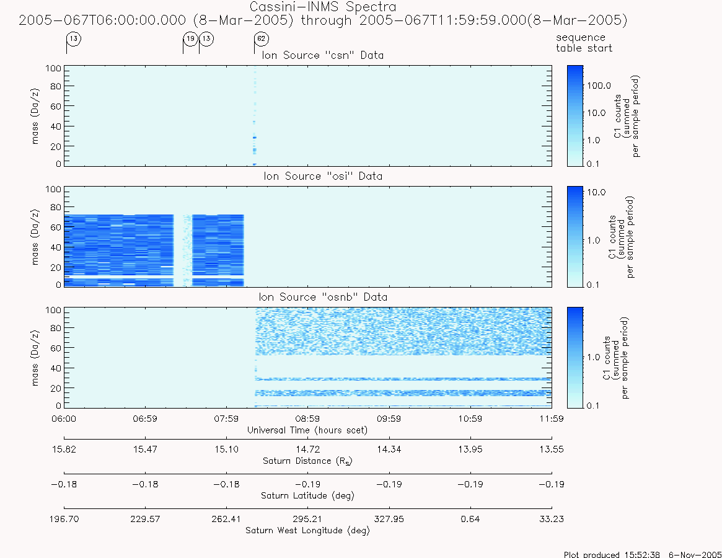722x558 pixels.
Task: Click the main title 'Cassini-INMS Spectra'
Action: point(323,7)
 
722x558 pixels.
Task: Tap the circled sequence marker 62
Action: point(262,38)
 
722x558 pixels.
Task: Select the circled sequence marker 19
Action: point(191,38)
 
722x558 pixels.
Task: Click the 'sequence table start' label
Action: point(584,43)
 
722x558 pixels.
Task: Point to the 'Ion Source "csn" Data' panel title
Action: point(323,55)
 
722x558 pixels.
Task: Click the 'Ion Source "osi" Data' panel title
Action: point(323,176)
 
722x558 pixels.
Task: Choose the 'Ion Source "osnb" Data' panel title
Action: point(323,297)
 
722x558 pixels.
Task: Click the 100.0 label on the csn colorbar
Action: point(599,86)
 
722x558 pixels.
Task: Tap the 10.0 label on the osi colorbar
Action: point(596,192)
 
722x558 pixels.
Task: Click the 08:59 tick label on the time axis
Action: point(307,418)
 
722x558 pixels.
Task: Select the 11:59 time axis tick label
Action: point(552,418)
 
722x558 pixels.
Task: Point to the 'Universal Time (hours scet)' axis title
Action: point(307,430)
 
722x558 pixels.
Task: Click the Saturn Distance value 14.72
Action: point(307,449)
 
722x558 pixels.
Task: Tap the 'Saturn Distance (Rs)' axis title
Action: point(307,461)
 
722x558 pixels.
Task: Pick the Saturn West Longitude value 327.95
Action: point(389,519)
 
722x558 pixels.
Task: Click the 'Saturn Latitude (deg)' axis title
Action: point(307,496)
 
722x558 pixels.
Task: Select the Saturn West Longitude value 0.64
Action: point(470,519)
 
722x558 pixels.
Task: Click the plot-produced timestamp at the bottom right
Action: point(642,554)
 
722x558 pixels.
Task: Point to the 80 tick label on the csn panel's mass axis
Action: point(56,86)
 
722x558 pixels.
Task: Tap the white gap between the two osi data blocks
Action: point(183,250)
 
